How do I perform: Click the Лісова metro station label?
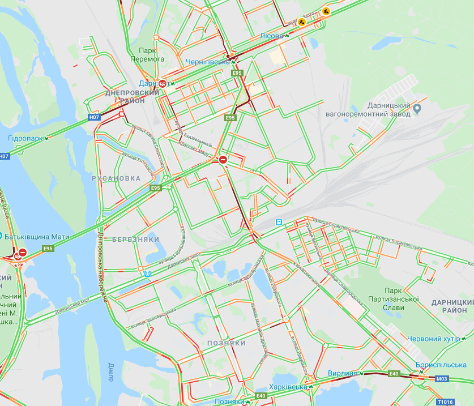coord(271,36)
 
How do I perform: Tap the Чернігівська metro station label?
coord(208,62)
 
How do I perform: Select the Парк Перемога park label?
coord(151,54)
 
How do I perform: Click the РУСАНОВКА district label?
coord(116,178)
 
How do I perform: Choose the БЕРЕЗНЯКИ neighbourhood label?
coord(135,240)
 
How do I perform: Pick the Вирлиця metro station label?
coord(343,373)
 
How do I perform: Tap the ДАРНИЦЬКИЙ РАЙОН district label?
coord(449,306)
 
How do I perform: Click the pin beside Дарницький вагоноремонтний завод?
coord(417,108)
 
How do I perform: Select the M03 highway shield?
coord(442,379)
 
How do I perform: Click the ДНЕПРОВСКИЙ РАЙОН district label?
coord(132,96)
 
